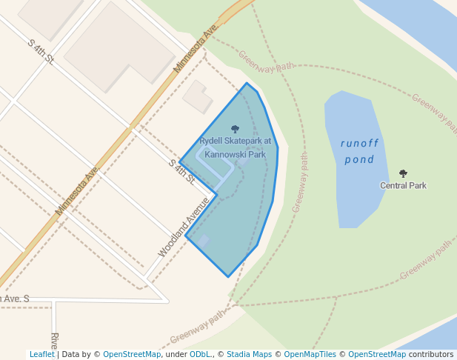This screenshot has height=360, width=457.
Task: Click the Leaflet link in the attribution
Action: point(41,354)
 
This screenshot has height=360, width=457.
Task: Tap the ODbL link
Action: point(200,354)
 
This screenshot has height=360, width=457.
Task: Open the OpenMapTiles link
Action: point(310,354)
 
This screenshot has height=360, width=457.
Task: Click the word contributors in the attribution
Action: point(431,354)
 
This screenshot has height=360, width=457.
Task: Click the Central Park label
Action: point(403,185)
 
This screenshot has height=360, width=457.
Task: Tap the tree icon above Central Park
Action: point(403,173)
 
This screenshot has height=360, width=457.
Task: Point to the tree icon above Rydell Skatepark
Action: point(236,130)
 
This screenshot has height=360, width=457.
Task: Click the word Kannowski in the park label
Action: point(224,155)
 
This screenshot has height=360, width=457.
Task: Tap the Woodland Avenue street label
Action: point(184,227)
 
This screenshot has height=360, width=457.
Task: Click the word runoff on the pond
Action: point(359,143)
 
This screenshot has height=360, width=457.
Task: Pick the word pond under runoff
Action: point(359,159)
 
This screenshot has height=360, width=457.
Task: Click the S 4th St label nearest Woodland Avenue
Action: point(180,173)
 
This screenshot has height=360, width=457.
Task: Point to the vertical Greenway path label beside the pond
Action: point(300,183)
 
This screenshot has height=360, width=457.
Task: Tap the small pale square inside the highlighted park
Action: point(202,240)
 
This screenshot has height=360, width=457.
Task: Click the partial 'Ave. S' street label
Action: point(15,299)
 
